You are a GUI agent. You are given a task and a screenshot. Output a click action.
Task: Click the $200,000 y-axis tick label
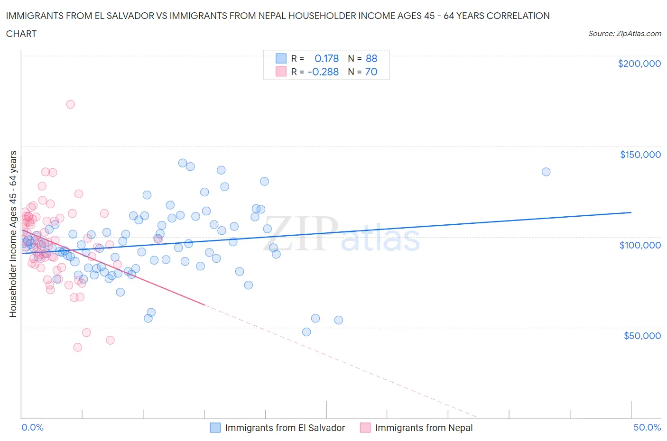coord(639,64)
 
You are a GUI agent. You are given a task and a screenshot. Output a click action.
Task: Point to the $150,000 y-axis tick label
coord(640,155)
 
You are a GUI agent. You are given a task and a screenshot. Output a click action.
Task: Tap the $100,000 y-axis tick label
coord(640,245)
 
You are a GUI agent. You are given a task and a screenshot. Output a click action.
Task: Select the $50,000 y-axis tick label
coord(642,336)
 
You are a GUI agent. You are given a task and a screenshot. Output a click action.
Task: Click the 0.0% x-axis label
coord(32,427)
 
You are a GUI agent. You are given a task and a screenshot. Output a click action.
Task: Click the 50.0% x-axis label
coord(647,427)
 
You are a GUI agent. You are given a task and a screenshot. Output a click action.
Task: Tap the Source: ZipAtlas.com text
coord(624,34)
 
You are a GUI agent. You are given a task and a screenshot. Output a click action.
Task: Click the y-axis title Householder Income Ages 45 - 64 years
coord(13,234)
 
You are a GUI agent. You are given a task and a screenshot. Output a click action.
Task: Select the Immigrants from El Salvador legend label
coord(285,428)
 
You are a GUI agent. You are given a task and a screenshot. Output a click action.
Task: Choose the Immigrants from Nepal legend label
coord(424,428)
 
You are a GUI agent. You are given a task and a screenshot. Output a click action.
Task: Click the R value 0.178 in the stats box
coord(326,58)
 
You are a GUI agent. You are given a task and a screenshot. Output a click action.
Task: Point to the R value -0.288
coord(323,72)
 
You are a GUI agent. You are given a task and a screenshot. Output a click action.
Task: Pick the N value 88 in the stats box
coord(371,58)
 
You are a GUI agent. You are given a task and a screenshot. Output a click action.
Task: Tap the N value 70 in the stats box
coord(371,72)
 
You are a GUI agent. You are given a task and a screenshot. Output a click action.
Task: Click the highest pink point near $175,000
coord(70,104)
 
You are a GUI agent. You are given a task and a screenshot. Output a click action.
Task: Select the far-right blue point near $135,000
coord(546,172)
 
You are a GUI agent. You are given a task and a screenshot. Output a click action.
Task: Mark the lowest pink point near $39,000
coord(78,347)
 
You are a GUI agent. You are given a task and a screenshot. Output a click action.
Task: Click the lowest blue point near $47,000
coord(306,332)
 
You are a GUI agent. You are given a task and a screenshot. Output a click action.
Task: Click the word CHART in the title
coord(21,34)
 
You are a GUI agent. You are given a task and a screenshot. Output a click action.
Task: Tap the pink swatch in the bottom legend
coord(365,428)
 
